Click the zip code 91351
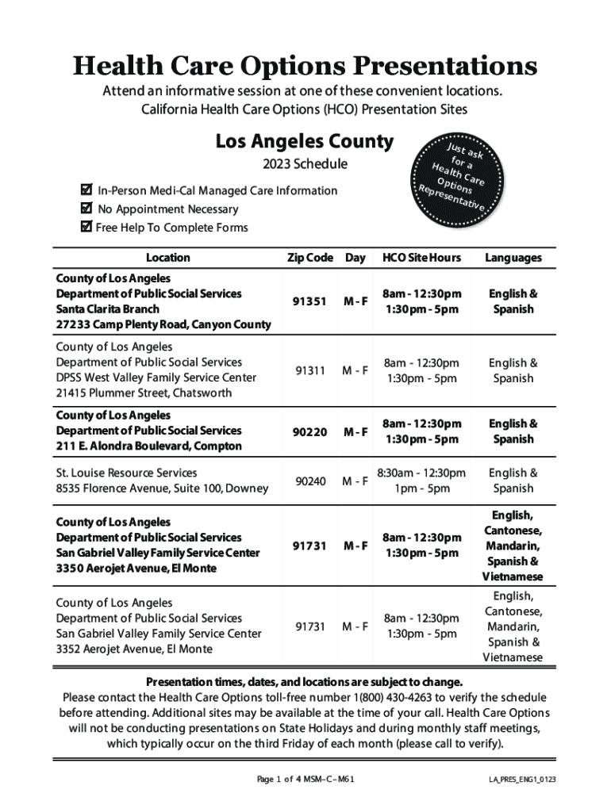point(310,301)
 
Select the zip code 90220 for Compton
point(310,431)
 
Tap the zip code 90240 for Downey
point(310,481)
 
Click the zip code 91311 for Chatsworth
point(310,370)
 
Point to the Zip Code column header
point(309,258)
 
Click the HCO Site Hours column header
point(421,258)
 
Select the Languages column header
point(513,258)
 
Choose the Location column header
point(167,258)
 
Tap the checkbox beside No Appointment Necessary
point(86,209)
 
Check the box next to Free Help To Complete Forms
point(86,228)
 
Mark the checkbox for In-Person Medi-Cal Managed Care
point(86,190)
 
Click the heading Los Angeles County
point(305,142)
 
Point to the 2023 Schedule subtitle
point(305,165)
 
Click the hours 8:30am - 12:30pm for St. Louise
point(421,473)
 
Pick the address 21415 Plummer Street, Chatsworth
point(144,393)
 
